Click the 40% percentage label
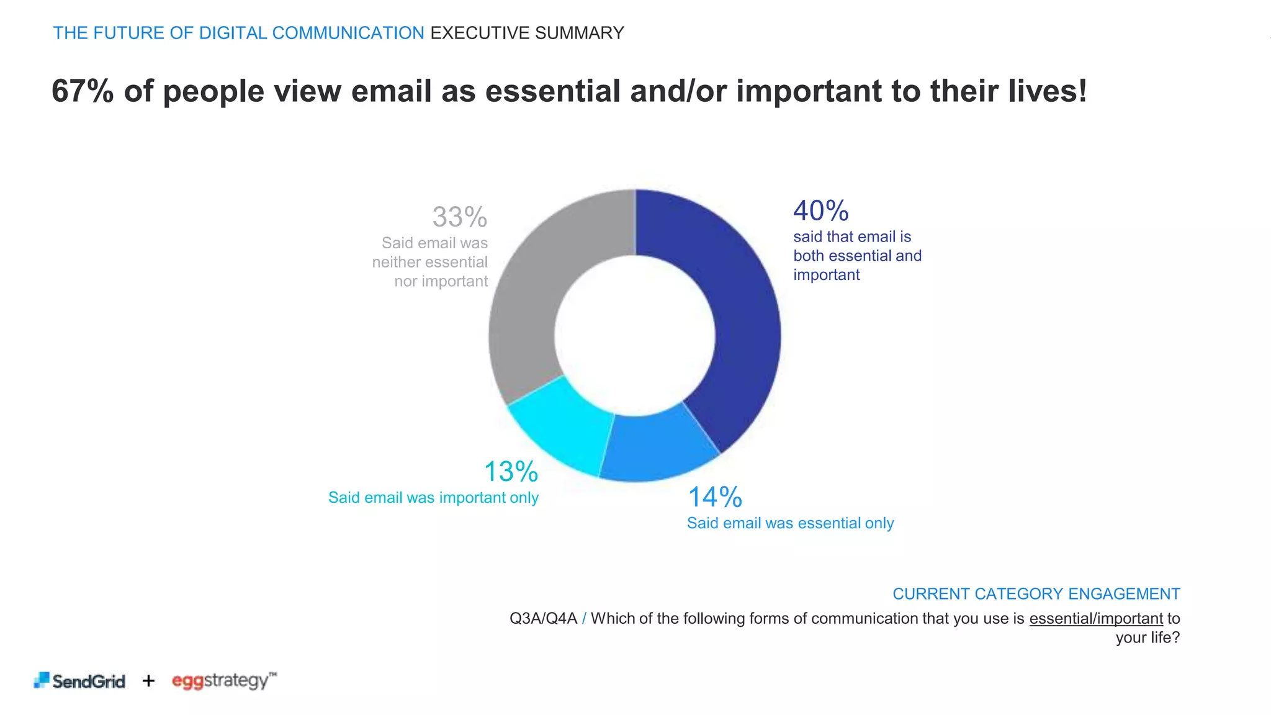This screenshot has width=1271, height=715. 820,211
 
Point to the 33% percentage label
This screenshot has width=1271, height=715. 460,217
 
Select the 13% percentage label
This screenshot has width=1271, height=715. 511,472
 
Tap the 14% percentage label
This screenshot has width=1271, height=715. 715,497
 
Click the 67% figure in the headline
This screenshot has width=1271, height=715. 83,91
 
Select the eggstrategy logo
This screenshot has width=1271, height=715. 224,680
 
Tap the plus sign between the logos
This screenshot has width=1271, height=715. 148,681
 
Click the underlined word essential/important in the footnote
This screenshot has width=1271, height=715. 1096,619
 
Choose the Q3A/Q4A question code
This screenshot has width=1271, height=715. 543,619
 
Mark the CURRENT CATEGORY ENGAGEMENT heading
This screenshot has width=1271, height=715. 1036,594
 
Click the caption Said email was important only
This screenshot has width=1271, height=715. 433,498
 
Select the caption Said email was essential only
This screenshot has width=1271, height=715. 790,523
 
